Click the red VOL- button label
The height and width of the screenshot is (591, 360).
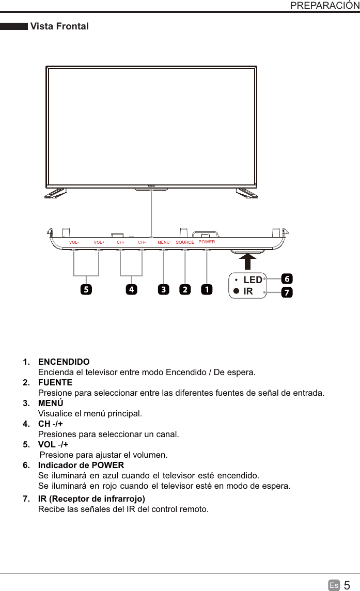click(x=73, y=242)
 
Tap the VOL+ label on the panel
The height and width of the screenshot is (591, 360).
click(x=99, y=242)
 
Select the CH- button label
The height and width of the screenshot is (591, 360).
click(x=120, y=242)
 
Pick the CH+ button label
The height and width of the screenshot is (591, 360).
click(x=142, y=242)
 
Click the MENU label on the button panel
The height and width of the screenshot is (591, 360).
click(x=164, y=242)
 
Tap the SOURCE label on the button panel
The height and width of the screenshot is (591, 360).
click(x=185, y=242)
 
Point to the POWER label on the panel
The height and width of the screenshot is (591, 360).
click(x=207, y=241)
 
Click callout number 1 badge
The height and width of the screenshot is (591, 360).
click(x=207, y=290)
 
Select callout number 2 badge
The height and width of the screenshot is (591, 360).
click(x=184, y=290)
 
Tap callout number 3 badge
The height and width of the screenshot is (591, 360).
click(x=164, y=290)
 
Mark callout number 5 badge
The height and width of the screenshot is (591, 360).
click(x=85, y=290)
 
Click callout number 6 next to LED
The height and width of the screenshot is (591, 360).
click(x=287, y=278)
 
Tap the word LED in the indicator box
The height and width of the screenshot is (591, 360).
click(x=253, y=280)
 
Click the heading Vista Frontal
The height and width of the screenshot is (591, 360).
click(x=59, y=26)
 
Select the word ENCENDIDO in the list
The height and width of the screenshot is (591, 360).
click(x=64, y=362)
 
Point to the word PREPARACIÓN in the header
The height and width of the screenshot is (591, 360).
click(x=325, y=6)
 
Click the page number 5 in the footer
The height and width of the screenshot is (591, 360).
click(x=347, y=585)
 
